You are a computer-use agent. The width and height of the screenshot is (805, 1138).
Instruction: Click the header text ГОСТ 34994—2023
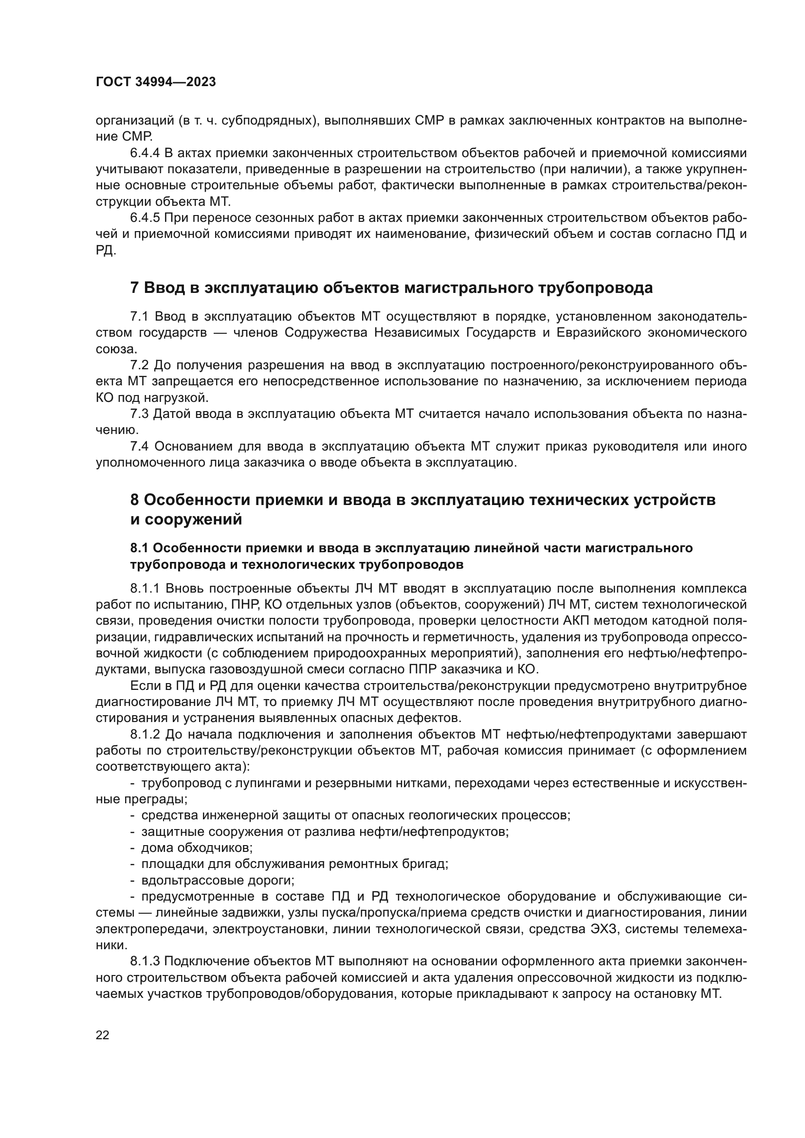156,82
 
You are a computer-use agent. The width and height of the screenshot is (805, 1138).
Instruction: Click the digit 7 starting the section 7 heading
134,288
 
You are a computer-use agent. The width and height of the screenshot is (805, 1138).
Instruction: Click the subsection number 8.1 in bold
139,548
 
